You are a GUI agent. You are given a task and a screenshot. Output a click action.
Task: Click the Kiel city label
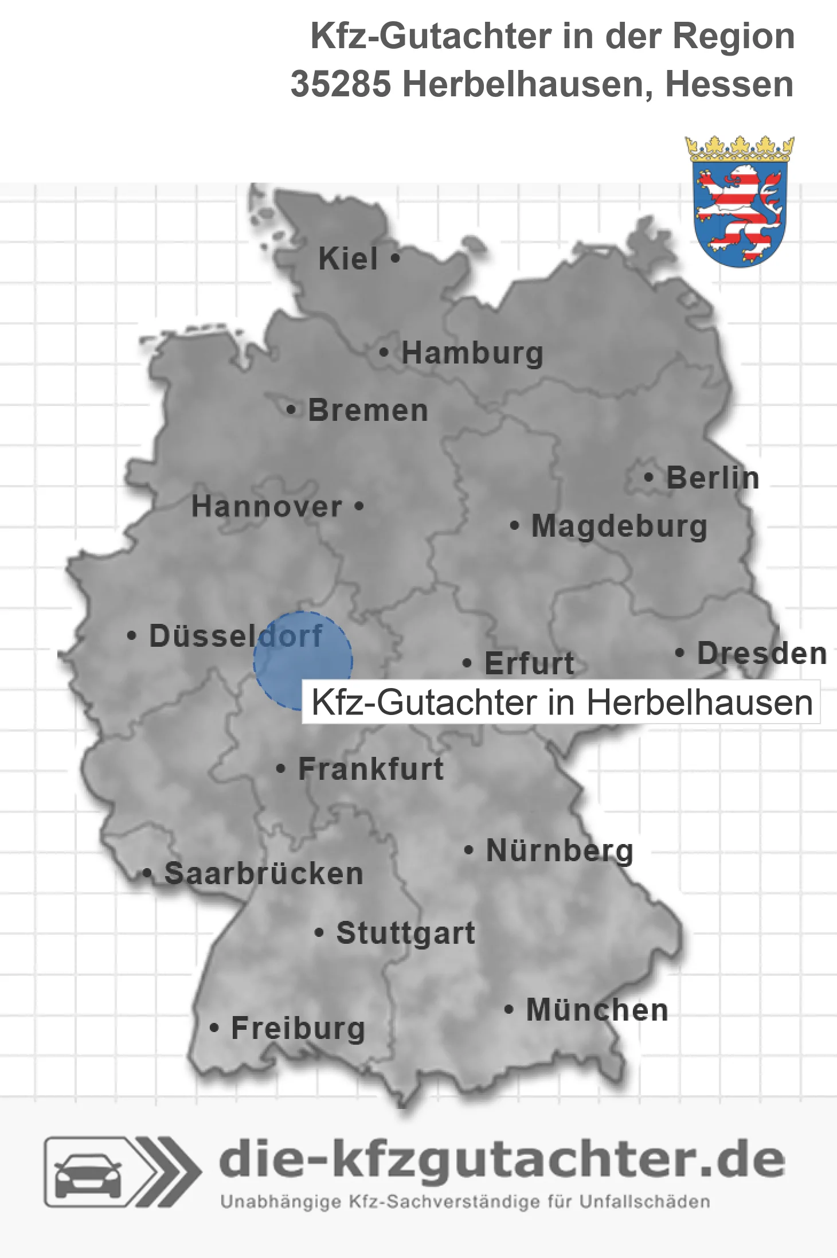pyautogui.click(x=348, y=259)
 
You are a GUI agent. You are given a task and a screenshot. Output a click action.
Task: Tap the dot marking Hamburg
pyautogui.click(x=384, y=352)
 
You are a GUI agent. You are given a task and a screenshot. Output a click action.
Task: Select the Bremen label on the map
pyautogui.click(x=368, y=411)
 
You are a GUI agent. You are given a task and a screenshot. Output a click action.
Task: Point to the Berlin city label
pyautogui.click(x=713, y=478)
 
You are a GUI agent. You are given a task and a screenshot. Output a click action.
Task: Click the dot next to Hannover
pyautogui.click(x=359, y=506)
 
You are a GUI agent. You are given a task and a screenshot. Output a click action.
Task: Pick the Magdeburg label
pyautogui.click(x=619, y=526)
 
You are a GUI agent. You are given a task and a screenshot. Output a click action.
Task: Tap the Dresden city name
pyautogui.click(x=762, y=653)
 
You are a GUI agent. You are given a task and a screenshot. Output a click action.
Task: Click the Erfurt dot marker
pyautogui.click(x=467, y=663)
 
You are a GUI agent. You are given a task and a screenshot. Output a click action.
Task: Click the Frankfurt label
pyautogui.click(x=371, y=769)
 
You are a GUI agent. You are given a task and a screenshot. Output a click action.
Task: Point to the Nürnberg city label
pyautogui.click(x=560, y=850)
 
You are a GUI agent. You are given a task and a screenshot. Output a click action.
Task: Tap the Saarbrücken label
pyautogui.click(x=264, y=874)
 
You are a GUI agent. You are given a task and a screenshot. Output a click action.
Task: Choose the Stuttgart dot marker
pyautogui.click(x=320, y=932)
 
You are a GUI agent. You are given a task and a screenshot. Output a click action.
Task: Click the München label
pyautogui.click(x=597, y=1010)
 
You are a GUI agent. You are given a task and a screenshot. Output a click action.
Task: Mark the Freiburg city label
pyautogui.click(x=298, y=1028)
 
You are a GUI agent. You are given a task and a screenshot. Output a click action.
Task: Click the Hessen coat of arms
pyautogui.click(x=740, y=202)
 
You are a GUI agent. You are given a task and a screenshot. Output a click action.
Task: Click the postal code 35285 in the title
pyautogui.click(x=341, y=84)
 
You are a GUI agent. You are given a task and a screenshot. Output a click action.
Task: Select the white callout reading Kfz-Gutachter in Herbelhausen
pyautogui.click(x=561, y=702)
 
